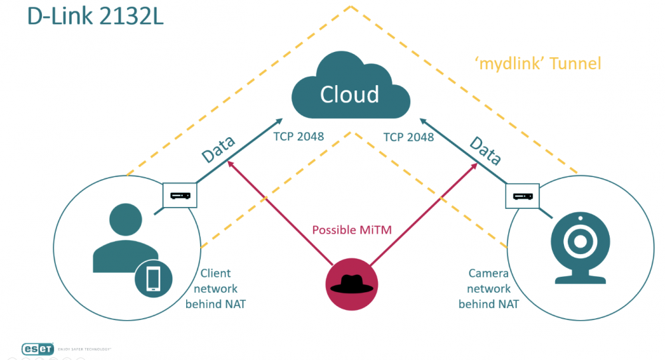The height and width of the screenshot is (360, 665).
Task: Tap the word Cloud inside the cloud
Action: coord(349,94)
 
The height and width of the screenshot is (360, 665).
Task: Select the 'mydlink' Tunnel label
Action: coord(538,64)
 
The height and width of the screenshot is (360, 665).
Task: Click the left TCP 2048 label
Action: coord(299,137)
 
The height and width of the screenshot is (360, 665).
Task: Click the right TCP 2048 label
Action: coord(408,137)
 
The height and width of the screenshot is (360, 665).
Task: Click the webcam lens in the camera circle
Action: coord(580,242)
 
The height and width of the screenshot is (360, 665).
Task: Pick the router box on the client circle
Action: coord(180,196)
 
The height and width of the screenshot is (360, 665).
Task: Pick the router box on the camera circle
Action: coord(522,196)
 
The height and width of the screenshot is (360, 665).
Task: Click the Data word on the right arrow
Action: coord(484,151)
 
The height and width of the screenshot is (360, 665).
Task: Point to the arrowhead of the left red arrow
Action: coord(229,162)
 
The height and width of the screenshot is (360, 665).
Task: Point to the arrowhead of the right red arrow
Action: coord(475,162)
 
